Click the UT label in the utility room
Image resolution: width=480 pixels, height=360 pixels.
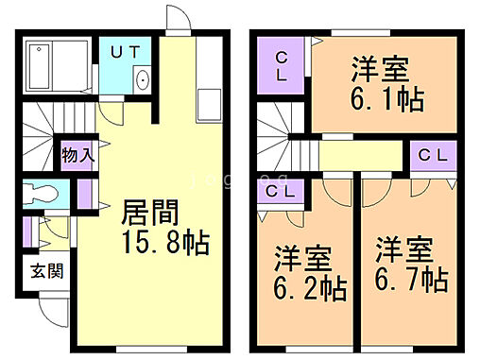coord(124,53)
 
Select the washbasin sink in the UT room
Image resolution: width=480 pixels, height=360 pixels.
coord(144,79)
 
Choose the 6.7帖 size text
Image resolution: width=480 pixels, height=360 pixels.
coord(409,280)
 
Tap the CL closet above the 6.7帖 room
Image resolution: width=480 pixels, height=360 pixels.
coord(433,154)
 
